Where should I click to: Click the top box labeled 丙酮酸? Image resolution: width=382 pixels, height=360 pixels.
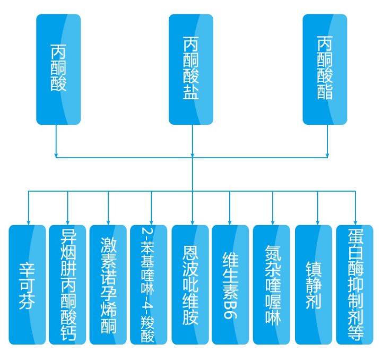coord(58,69)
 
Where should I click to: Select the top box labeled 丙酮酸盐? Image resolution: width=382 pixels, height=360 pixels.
coord(191,69)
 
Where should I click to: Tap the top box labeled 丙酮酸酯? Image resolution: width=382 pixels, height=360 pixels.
coord(325,69)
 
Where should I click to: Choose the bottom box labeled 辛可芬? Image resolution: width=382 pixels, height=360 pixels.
coord(28,285)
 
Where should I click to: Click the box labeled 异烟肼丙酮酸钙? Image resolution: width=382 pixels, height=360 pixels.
coord(67,285)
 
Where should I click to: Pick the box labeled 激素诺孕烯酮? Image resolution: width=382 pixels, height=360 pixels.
coord(108,285)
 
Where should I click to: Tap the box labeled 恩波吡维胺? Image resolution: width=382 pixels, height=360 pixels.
coord(190,285)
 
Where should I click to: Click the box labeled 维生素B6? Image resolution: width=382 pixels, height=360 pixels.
coord(230,285)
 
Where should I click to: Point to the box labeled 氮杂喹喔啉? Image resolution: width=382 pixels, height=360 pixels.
coord(272,285)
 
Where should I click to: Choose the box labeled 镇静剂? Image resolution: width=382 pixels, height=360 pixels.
coord(313,285)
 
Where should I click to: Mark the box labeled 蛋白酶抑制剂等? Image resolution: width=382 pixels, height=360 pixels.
coord(354,285)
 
